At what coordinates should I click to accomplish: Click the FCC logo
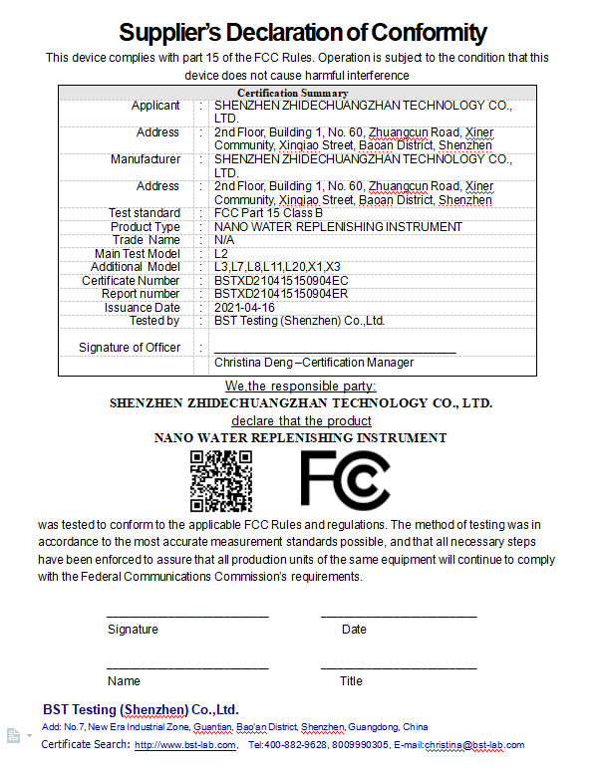(x=345, y=480)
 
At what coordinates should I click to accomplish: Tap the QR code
(x=220, y=480)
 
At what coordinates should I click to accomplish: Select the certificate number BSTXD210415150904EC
(x=281, y=281)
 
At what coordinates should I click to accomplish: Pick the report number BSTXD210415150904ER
(x=281, y=294)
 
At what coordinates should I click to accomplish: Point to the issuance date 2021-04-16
(x=246, y=308)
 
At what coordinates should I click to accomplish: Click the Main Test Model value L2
(x=221, y=254)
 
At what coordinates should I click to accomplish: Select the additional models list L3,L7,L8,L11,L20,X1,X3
(x=277, y=267)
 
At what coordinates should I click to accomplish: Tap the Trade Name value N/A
(x=224, y=240)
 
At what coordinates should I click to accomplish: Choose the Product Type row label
(x=146, y=227)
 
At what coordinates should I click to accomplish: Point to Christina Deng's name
(x=257, y=363)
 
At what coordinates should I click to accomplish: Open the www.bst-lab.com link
(x=185, y=745)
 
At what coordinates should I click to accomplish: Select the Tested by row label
(x=154, y=321)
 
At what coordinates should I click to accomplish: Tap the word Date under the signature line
(x=354, y=630)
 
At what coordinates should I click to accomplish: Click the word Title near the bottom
(x=351, y=681)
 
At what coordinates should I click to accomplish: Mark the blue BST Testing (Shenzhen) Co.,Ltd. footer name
(x=141, y=710)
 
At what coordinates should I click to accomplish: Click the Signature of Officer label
(x=130, y=348)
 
